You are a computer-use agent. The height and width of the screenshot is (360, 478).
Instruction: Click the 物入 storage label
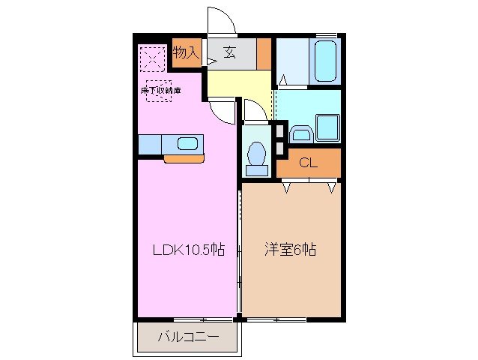pos(186,52)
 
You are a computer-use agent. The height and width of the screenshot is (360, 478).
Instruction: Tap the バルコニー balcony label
pos(188,337)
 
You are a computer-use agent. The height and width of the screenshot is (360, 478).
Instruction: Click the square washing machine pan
pos(327,127)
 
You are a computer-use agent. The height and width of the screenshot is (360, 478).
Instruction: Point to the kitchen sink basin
pos(187,143)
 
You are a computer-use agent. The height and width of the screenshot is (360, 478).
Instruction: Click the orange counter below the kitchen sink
pos(184,158)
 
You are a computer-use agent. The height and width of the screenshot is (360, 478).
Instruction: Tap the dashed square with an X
pos(151,57)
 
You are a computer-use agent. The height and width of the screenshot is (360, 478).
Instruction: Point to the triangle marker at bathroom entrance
pos(283,79)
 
